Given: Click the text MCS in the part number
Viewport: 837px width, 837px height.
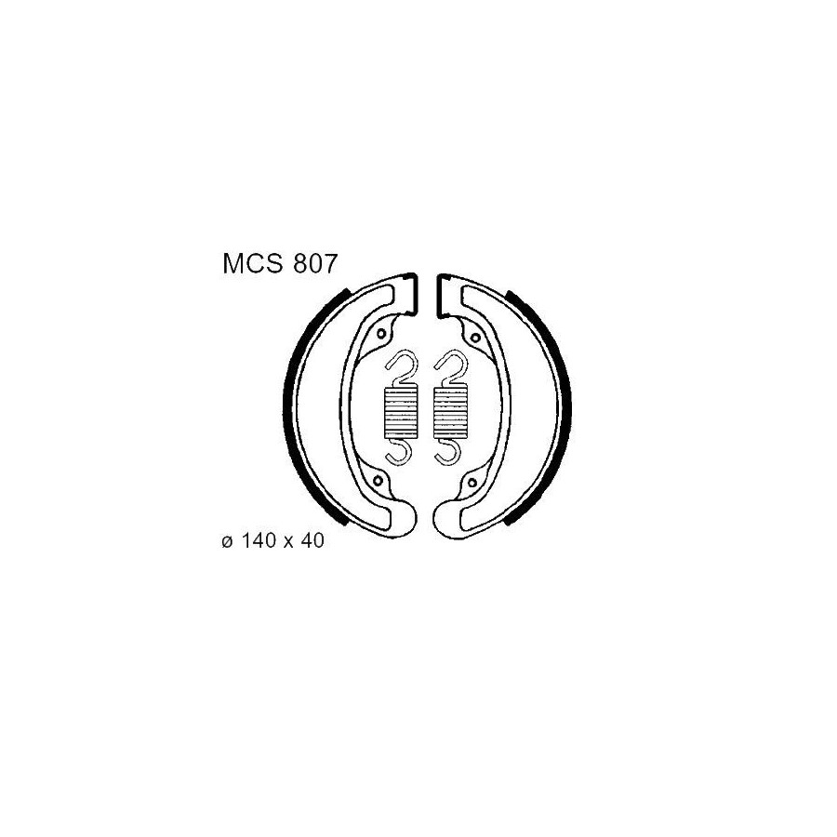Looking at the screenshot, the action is pos(254,264).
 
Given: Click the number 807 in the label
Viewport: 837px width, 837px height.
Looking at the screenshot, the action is pos(315,264).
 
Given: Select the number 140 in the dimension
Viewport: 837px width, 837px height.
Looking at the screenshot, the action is pos(259,540).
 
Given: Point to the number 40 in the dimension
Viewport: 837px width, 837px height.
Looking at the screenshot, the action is pos(312,540).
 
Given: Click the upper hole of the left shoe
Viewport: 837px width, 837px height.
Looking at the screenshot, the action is pos(381,334).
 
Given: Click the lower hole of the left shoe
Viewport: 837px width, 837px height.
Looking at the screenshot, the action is pos(379,481).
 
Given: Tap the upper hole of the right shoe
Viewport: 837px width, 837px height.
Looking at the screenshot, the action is pos(474,337).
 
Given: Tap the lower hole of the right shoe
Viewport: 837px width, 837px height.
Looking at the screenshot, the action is pos(472,483).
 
